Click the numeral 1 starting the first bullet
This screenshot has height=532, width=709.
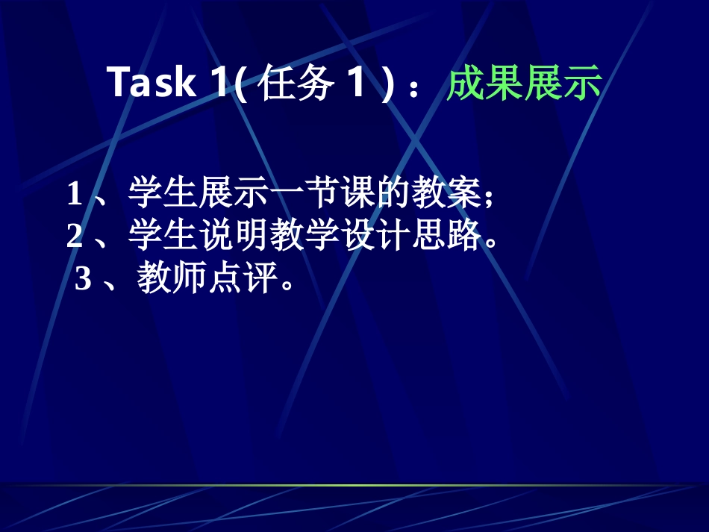74,195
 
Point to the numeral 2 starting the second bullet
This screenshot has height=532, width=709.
74,237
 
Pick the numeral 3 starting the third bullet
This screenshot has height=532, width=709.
83,280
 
